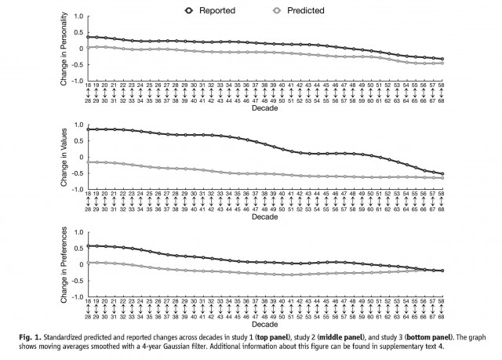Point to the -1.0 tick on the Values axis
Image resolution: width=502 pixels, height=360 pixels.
(77, 190)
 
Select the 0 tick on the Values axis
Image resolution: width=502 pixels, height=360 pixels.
(81, 157)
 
